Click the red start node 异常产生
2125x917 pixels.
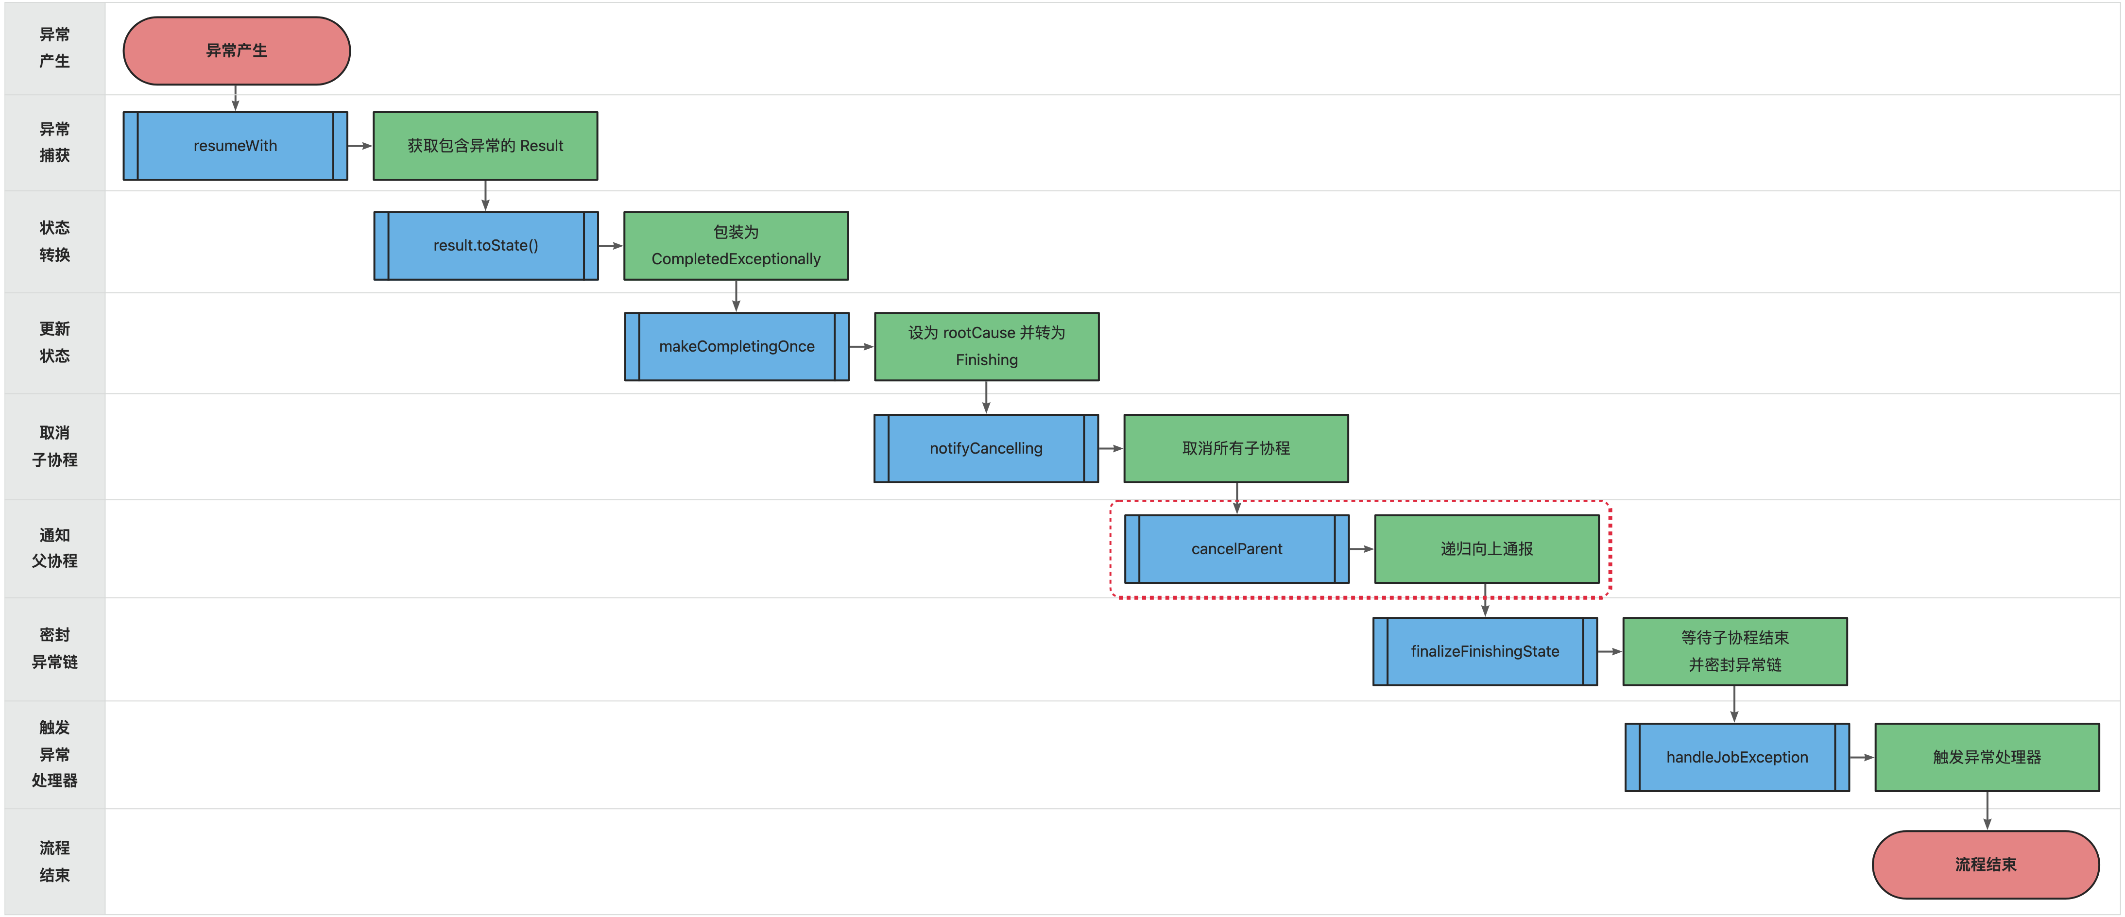(x=237, y=51)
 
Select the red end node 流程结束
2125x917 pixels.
(x=1986, y=864)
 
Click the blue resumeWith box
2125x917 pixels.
(x=235, y=146)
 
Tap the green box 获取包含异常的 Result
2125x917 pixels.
(x=485, y=146)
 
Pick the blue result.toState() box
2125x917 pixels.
(x=486, y=246)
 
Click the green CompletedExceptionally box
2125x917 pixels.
(x=736, y=246)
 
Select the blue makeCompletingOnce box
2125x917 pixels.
(x=737, y=346)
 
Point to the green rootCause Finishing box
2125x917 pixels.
(x=987, y=346)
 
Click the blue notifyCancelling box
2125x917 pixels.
(x=986, y=449)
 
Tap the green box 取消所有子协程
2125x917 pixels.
(x=1236, y=449)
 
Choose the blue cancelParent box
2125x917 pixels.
(x=1236, y=549)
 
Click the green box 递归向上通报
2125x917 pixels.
(x=1487, y=549)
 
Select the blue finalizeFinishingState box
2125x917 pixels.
(x=1485, y=651)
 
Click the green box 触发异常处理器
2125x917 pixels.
(x=1987, y=757)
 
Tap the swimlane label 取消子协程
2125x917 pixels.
(x=54, y=446)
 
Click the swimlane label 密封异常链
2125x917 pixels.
(x=54, y=648)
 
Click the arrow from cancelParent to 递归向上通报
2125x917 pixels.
(x=1362, y=549)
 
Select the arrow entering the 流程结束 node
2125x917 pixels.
(x=1987, y=811)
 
